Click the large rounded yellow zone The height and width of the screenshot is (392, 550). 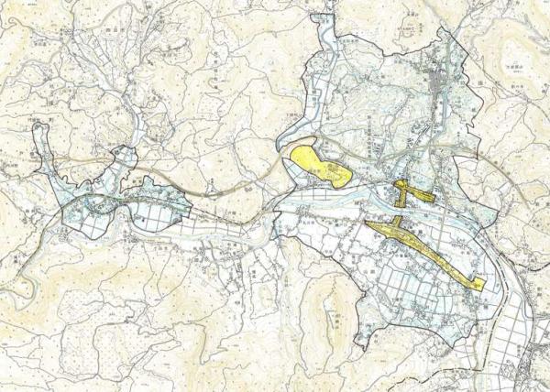pyautogui.click(x=316, y=163)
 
